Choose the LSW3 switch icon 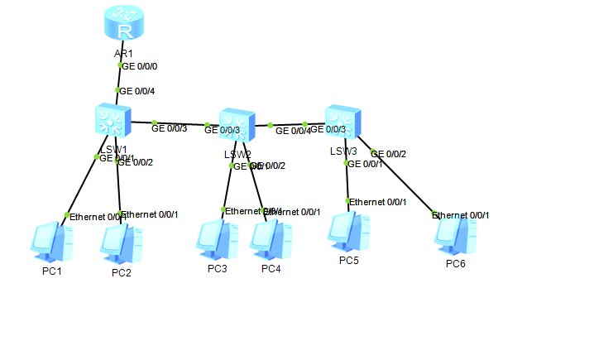tap(342, 122)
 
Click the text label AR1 tap(124, 54)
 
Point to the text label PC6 tap(456, 264)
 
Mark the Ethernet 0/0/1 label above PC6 tap(462, 215)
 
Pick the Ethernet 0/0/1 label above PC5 tap(378, 201)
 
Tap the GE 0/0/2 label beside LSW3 tap(390, 153)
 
